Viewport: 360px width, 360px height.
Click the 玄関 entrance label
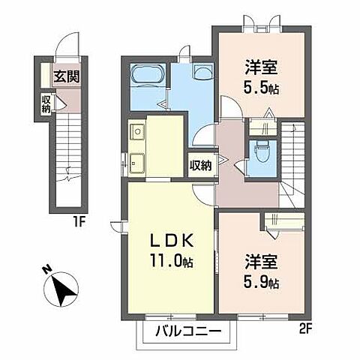(68, 76)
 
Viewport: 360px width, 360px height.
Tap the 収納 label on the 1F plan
(46, 104)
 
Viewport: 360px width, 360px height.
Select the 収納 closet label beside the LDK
(200, 164)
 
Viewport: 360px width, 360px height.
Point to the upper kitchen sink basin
(137, 134)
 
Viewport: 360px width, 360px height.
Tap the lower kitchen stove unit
(137, 161)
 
